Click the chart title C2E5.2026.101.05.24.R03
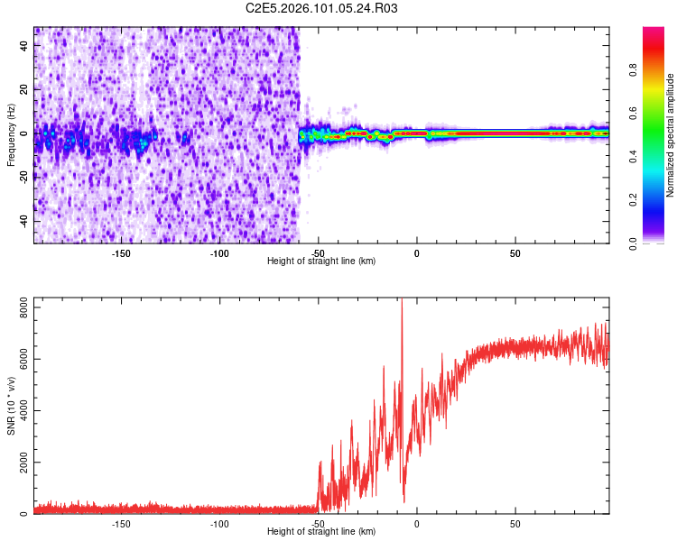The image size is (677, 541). pos(322,8)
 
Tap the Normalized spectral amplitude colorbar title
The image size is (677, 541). pos(671,136)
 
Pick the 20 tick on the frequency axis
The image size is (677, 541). pos(24,89)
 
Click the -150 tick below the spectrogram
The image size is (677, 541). pos(121,252)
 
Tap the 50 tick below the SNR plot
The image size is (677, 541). pos(515,523)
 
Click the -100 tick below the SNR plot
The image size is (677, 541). pos(219,523)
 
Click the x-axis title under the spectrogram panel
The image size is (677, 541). pos(321,261)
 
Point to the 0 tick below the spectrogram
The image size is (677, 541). pos(416,252)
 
